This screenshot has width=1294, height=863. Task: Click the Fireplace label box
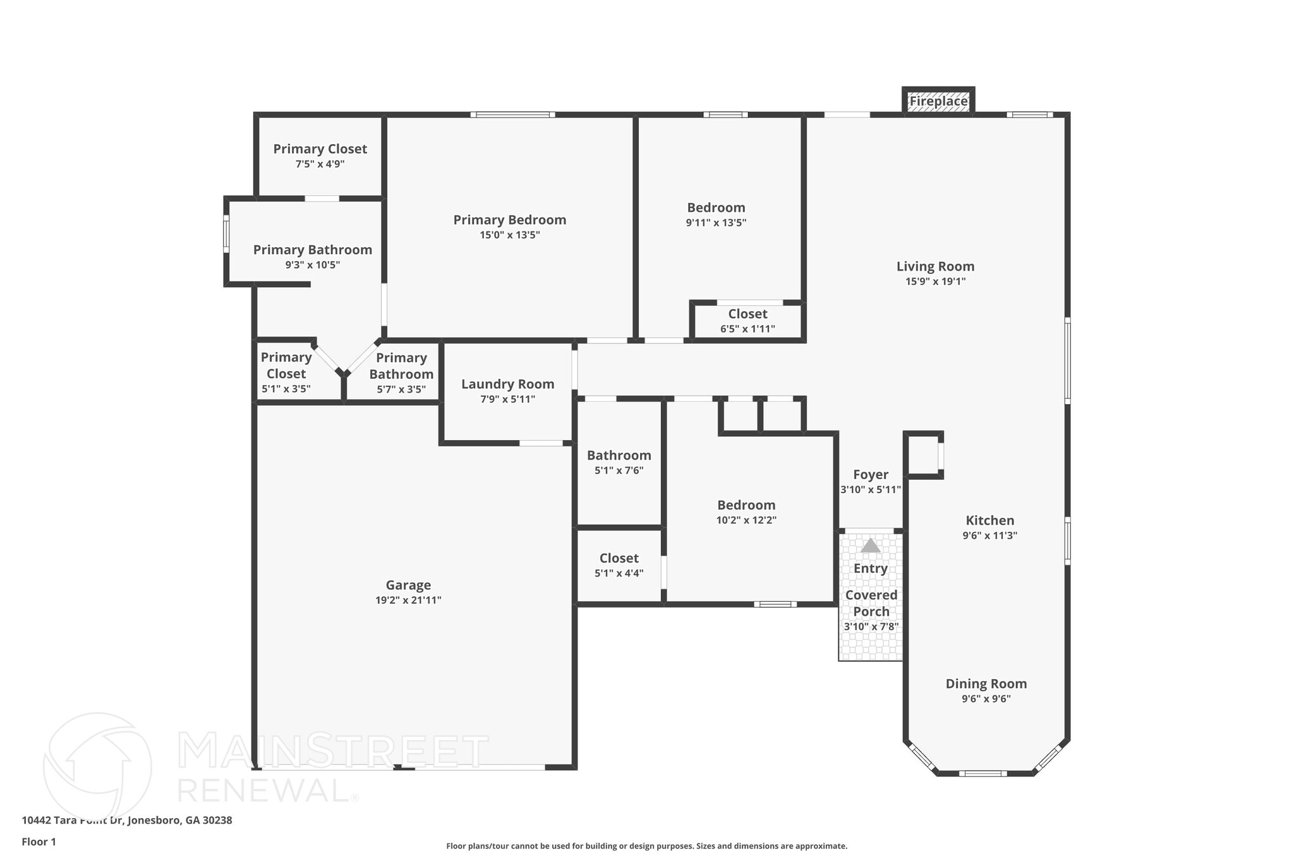[x=938, y=101]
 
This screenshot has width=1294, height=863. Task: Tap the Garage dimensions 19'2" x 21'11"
[x=408, y=600]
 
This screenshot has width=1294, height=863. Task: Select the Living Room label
[x=935, y=266]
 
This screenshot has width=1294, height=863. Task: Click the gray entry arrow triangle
[x=871, y=546]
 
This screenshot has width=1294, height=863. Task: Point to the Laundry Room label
[x=507, y=384]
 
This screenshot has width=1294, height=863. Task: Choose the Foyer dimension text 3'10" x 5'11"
[x=870, y=489]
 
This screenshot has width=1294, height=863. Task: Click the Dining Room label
[x=986, y=683]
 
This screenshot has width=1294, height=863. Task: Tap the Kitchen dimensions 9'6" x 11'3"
[x=989, y=536]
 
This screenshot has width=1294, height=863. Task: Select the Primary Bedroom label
[x=509, y=219]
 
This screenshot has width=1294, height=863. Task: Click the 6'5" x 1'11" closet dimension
[x=747, y=329]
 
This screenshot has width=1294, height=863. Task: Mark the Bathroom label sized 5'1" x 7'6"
[x=619, y=455]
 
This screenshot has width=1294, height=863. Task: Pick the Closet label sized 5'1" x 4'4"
[x=619, y=558]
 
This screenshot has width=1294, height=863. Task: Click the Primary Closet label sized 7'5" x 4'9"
[x=320, y=149]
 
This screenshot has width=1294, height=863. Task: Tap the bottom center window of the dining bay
[x=983, y=773]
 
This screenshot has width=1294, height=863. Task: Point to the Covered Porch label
[x=871, y=603]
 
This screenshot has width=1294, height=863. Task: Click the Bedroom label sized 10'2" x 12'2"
[x=746, y=505]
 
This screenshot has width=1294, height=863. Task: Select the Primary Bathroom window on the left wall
[x=226, y=234]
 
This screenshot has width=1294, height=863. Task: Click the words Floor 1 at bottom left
[x=39, y=842]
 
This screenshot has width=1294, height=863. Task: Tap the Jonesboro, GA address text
[x=126, y=820]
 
